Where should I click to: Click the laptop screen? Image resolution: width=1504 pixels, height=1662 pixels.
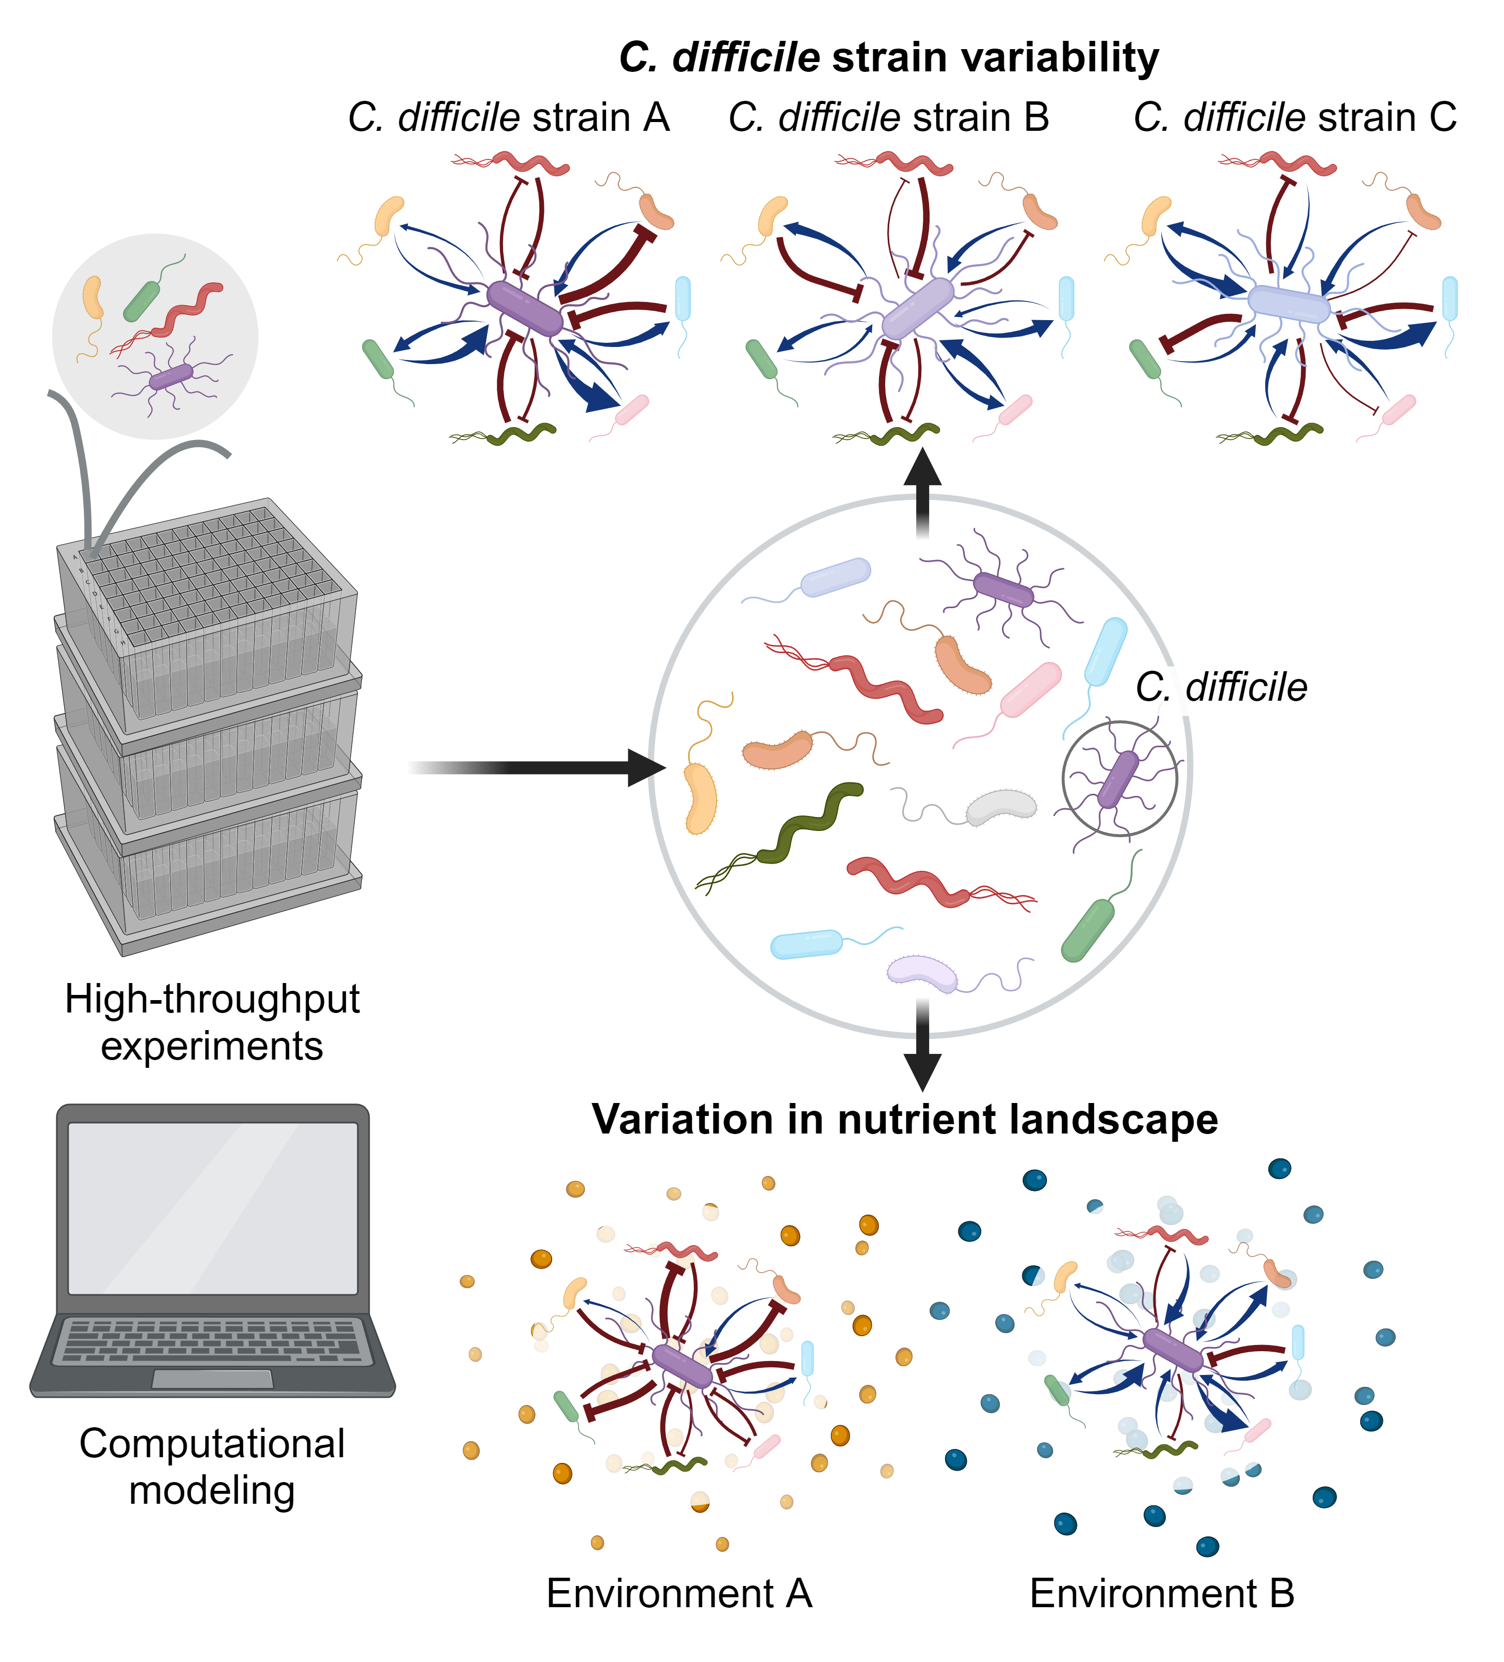212,1208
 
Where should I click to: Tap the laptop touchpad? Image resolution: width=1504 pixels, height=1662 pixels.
212,1379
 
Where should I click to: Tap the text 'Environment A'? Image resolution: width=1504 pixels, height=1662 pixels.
679,1593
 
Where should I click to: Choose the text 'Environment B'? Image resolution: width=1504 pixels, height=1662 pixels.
1162,1593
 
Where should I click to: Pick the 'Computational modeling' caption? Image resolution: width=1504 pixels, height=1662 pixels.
212,1467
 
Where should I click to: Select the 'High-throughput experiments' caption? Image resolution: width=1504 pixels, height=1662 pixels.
212,1022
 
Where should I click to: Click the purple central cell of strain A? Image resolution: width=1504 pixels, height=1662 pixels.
525,308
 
